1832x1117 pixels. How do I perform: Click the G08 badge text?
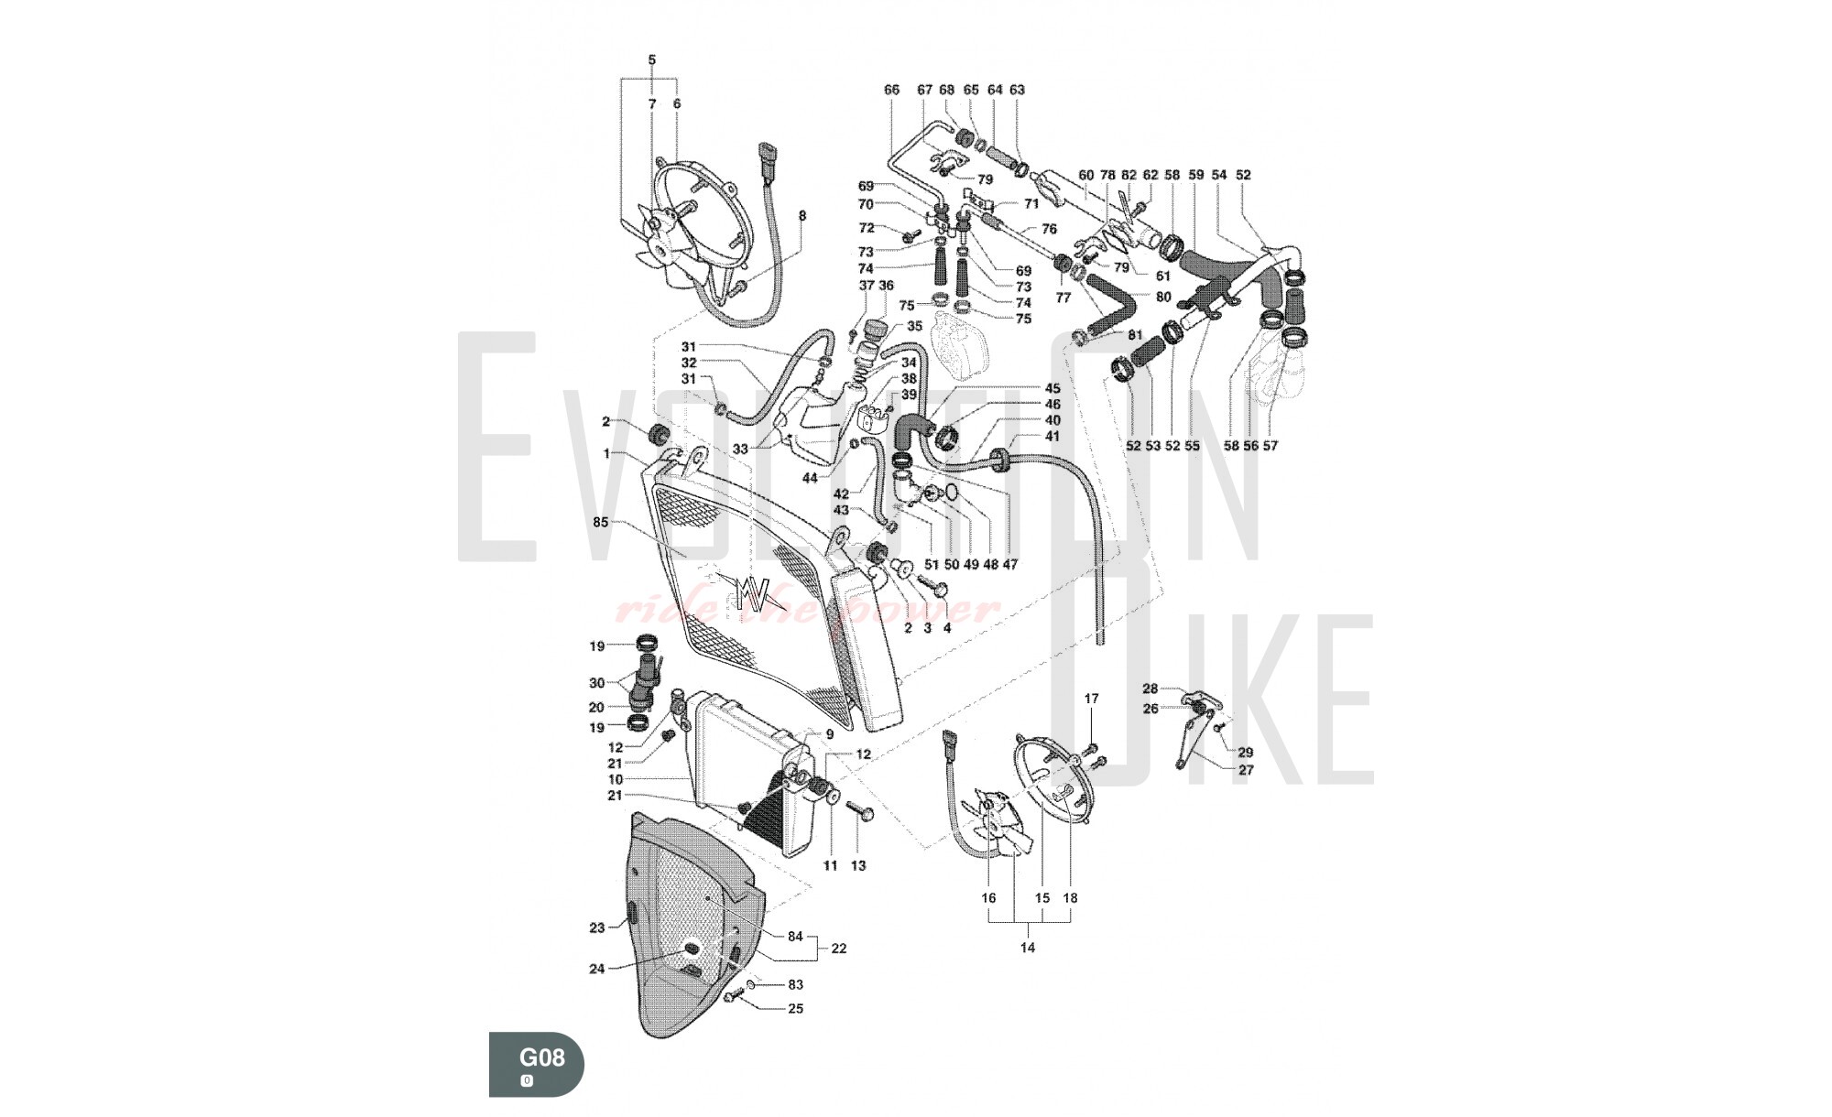[x=542, y=1057]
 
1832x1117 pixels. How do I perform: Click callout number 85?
[x=601, y=523]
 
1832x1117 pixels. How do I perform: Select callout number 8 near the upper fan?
[x=802, y=216]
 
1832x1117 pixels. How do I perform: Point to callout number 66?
[x=891, y=90]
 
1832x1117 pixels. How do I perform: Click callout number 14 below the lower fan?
[x=1028, y=948]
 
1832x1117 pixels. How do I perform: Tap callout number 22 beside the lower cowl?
[x=839, y=949]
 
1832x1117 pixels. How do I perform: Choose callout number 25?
[x=795, y=1008]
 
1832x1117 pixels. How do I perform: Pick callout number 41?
[x=1052, y=437]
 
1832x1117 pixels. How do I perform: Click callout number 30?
[x=596, y=683]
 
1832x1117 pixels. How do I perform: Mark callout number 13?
[x=858, y=865]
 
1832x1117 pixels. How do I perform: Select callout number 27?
[x=1246, y=770]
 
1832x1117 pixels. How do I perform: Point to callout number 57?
[x=1270, y=446]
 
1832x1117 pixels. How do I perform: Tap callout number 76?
[x=1049, y=229]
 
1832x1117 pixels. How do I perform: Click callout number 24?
[x=597, y=969]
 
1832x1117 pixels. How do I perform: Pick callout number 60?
[x=1086, y=174]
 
